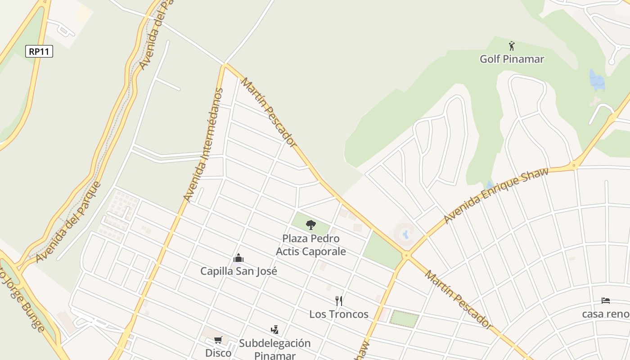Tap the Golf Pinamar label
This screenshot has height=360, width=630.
click(x=512, y=59)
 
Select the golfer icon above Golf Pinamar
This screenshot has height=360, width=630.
click(x=512, y=46)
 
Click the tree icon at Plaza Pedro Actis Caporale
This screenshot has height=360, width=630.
click(x=311, y=225)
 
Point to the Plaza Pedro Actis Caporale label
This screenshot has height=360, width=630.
click(x=311, y=245)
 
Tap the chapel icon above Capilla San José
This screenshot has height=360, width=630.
click(x=238, y=258)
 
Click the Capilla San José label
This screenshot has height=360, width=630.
click(x=238, y=271)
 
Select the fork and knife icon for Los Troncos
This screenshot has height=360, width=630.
click(x=339, y=301)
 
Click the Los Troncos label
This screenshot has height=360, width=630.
click(x=339, y=314)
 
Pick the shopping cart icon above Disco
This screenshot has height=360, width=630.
click(x=218, y=340)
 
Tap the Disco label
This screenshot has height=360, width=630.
click(x=218, y=353)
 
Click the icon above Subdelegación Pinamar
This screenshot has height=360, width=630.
click(x=274, y=330)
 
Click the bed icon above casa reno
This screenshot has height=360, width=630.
click(x=606, y=301)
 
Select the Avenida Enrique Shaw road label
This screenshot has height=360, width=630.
click(x=496, y=195)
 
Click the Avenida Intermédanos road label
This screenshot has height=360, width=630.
click(x=204, y=145)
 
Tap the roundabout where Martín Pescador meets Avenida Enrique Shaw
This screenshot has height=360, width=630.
click(x=407, y=255)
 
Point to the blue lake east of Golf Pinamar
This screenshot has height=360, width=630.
click(x=597, y=80)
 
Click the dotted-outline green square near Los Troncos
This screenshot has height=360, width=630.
click(x=404, y=318)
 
